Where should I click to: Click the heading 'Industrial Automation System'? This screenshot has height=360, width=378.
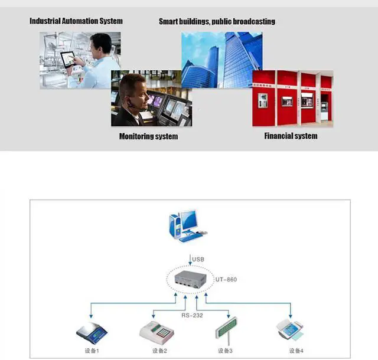pos(76,21)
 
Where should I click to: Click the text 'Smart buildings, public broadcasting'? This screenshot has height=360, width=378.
pos(217,22)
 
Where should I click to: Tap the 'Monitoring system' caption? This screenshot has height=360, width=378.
pos(148,136)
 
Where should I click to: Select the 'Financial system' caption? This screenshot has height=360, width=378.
pos(290,136)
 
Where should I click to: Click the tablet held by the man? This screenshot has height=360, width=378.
pos(68,59)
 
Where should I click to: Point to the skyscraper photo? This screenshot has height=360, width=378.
pos(221,59)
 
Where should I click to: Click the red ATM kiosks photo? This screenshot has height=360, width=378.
pos(292,99)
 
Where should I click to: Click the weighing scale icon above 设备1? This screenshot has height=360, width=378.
pos(92,333)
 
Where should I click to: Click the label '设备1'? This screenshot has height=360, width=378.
pos(92,351)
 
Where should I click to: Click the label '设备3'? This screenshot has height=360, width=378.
pos(225,351)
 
